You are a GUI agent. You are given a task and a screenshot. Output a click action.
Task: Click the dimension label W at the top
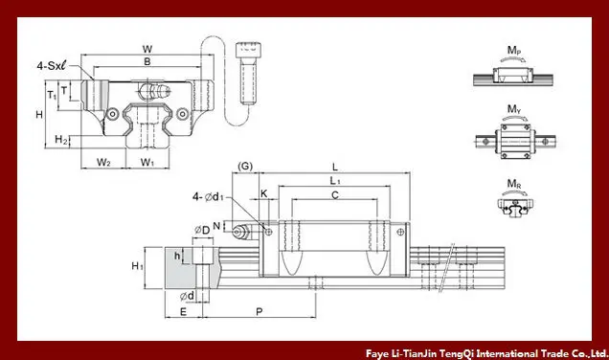pos(147,50)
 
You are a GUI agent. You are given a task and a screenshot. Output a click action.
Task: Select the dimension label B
pos(147,61)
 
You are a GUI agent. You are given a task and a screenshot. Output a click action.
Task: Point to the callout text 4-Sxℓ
pos(52,66)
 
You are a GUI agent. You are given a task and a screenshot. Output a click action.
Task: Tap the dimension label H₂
pos(61,140)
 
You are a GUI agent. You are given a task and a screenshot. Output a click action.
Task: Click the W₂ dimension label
pos(103,162)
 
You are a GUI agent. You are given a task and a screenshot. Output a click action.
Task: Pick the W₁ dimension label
pos(147,162)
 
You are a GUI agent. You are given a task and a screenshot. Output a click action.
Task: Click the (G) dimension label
pos(245,167)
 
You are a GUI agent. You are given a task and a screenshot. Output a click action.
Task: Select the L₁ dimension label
pos(335,181)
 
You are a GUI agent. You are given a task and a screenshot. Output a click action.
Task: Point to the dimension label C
pos(335,195)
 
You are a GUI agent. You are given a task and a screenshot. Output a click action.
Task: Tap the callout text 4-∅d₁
pos(208,197)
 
